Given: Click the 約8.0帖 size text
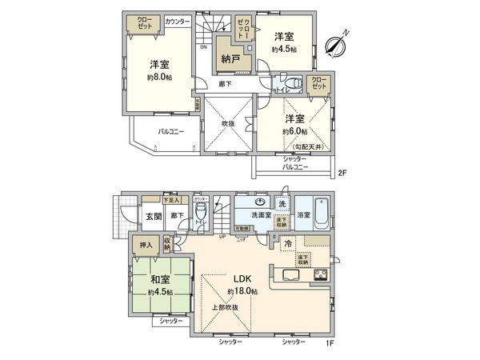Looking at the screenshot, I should coord(158,78).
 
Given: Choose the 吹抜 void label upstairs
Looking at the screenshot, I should coord(227,123).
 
